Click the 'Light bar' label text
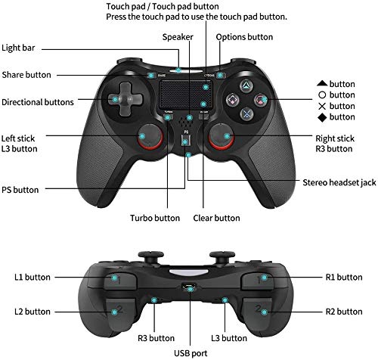point(18,48)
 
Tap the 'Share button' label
point(26,75)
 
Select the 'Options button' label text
point(244,37)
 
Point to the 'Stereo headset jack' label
point(339,182)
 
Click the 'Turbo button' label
point(155,218)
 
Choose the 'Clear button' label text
point(216,218)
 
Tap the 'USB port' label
point(191,353)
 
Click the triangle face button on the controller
point(246,86)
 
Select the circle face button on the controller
point(261,100)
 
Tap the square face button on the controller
point(232,100)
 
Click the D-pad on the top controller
point(125,99)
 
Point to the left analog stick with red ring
point(150,137)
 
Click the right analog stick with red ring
point(222,137)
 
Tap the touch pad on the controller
point(185,95)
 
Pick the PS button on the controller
point(185,141)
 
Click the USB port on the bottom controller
point(189,287)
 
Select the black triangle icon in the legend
point(322,83)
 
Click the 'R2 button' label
point(344,312)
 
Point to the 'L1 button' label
point(33,277)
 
